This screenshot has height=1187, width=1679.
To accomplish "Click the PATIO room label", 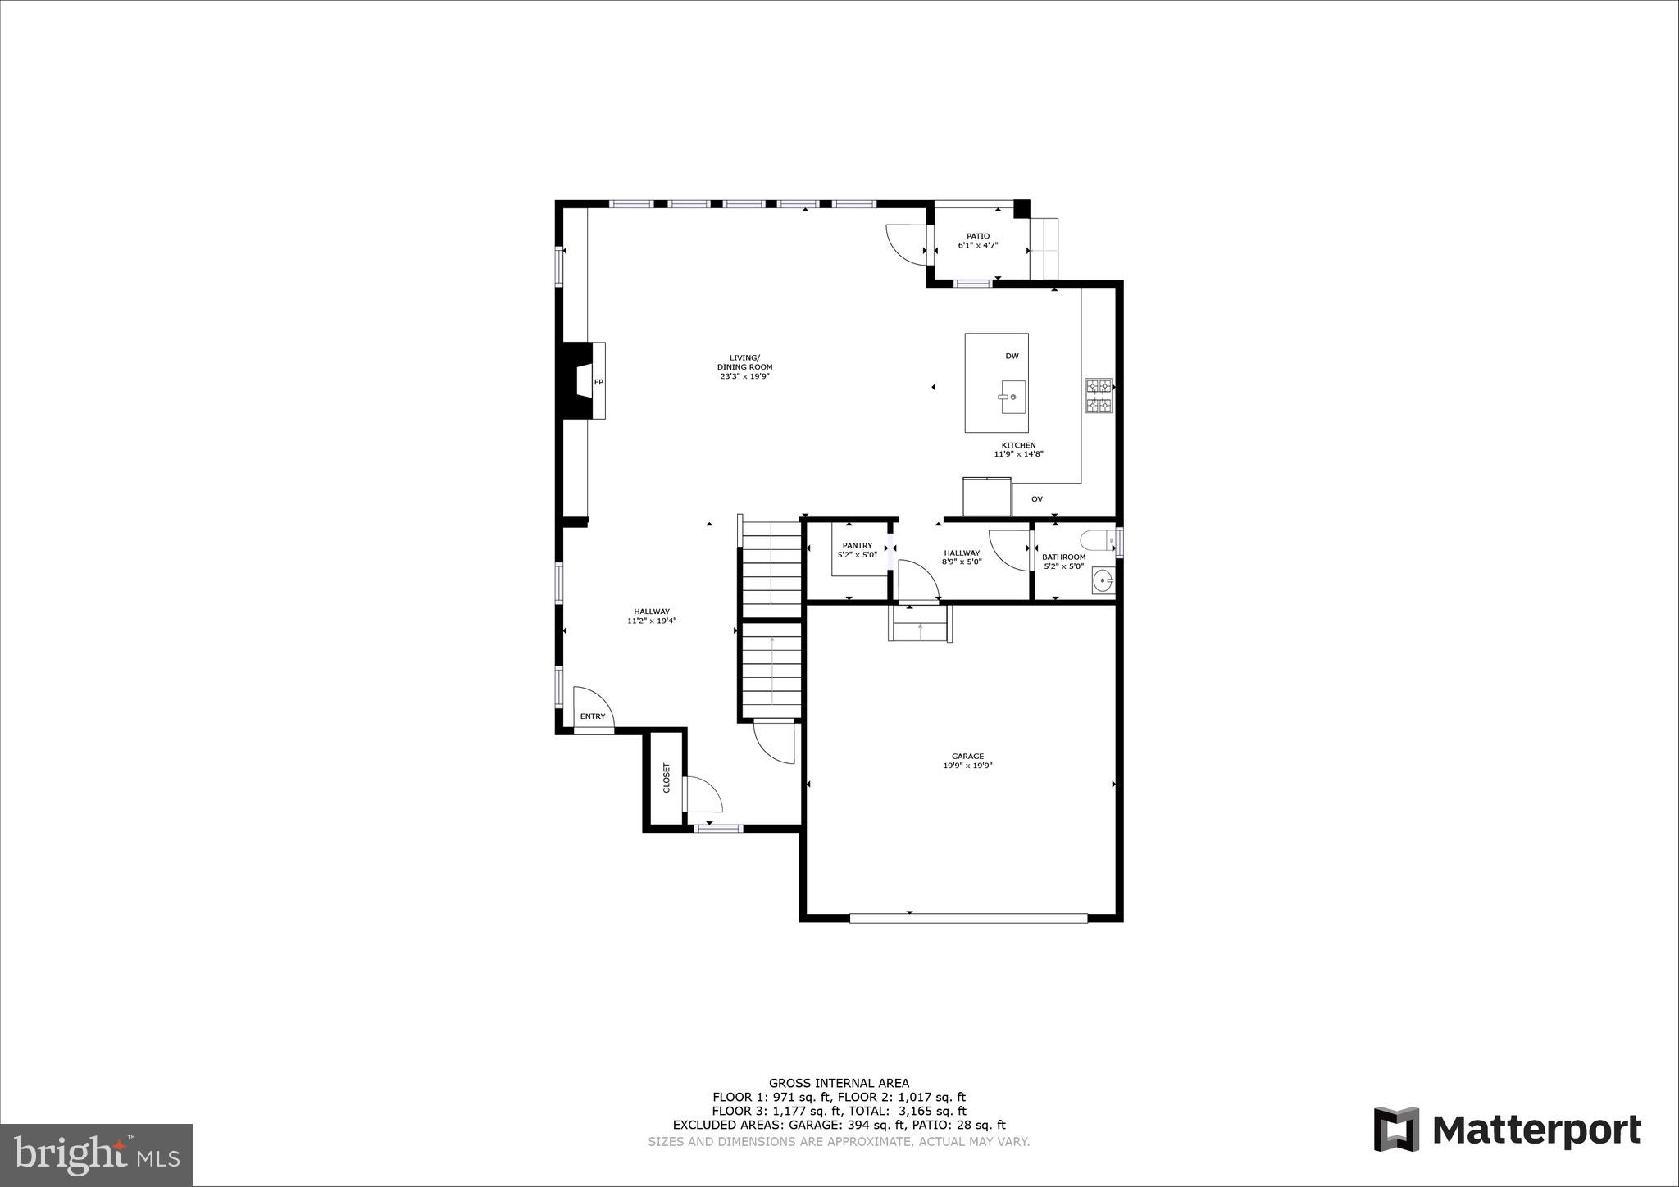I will (977, 236).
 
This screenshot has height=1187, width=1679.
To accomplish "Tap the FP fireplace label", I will (598, 383).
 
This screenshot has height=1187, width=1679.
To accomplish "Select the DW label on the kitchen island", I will (1012, 356).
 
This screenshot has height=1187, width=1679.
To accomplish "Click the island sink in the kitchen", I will (1013, 397).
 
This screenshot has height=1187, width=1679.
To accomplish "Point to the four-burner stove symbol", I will (1098, 396).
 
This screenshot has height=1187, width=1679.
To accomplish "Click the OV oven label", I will (1036, 499).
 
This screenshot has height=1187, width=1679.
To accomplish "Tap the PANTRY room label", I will (857, 545).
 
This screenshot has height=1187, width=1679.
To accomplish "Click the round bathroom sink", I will (1103, 581).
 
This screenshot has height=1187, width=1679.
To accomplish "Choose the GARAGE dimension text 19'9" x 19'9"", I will (967, 766).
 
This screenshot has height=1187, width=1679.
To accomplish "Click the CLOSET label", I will (667, 778).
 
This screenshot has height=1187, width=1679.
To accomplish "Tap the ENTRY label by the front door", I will (593, 716).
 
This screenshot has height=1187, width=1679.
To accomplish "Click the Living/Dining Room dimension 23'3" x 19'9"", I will (744, 376).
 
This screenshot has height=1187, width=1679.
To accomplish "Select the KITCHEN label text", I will (1018, 445).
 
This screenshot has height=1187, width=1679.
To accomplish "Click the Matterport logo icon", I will (1396, 1129).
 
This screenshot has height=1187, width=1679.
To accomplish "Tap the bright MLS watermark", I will (97, 1154).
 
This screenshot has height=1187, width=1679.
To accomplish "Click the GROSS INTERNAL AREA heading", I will (839, 1083).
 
